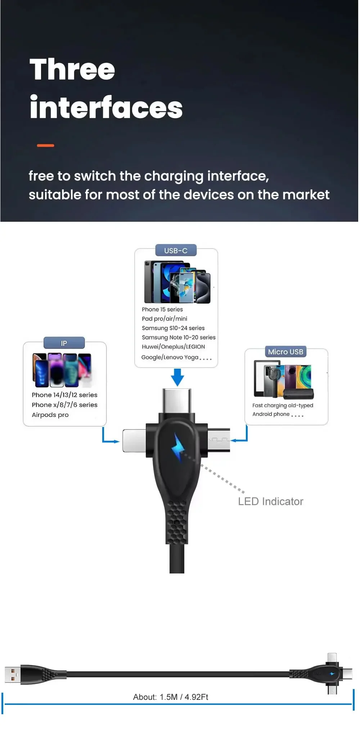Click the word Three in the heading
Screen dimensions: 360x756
(x=72, y=69)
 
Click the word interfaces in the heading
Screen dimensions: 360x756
(x=106, y=107)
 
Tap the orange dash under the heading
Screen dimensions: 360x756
(x=45, y=145)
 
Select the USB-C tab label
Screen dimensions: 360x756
(x=176, y=251)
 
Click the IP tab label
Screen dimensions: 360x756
(x=64, y=343)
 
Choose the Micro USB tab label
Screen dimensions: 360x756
(x=285, y=352)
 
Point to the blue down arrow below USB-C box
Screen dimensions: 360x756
(x=177, y=377)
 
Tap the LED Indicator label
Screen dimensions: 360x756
(x=270, y=501)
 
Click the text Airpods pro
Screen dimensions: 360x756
(x=50, y=415)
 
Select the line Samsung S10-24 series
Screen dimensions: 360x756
(x=173, y=328)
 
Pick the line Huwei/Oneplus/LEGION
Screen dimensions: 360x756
(x=173, y=347)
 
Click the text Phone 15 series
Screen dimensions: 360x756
(x=162, y=309)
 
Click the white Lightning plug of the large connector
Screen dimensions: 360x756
(x=134, y=440)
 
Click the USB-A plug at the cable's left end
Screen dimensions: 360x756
(x=12, y=675)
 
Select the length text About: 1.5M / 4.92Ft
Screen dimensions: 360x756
(x=171, y=697)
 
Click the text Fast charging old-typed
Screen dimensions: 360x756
(x=283, y=405)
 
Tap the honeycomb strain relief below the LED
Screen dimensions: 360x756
(x=177, y=522)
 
